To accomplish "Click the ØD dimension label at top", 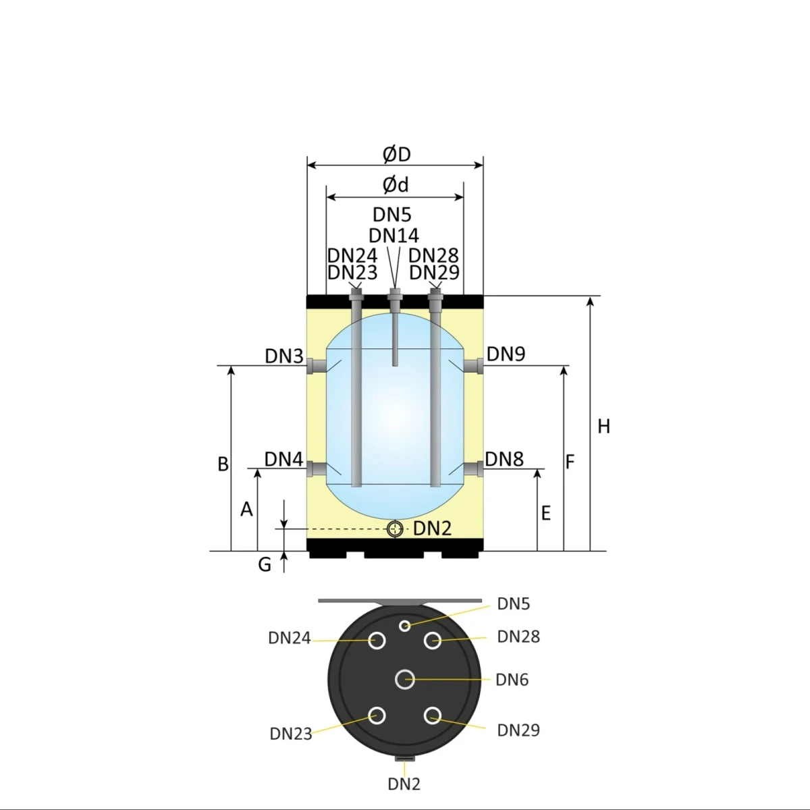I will click(396, 155).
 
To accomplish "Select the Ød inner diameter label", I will click(396, 184).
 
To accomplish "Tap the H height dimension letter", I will click(604, 427).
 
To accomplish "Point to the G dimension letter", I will click(265, 564).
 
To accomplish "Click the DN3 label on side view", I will click(284, 356).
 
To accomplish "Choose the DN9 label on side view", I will click(506, 354).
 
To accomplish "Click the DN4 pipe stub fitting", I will click(316, 468).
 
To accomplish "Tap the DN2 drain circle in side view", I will click(396, 529).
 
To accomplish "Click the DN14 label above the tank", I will click(394, 235).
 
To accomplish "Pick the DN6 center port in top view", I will click(405, 679).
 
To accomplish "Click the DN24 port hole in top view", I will click(377, 640).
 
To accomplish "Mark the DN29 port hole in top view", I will click(433, 715).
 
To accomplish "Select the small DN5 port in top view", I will click(404, 625).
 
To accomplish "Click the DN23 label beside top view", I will click(291, 734).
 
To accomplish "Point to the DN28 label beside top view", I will click(518, 637).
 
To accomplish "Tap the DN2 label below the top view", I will click(404, 784).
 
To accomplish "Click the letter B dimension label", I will click(223, 464).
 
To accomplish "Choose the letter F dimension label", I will click(570, 462).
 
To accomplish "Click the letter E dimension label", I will click(546, 514).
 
